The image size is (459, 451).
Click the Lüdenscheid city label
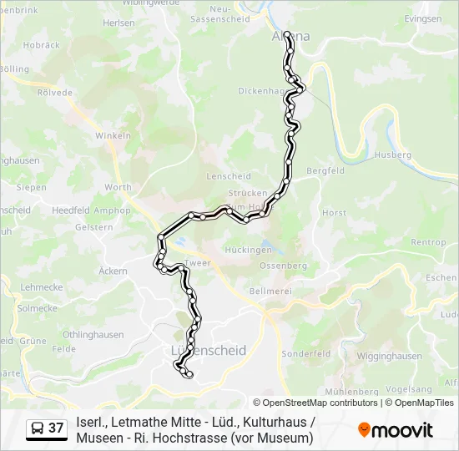point(208,351)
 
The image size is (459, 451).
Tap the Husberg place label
point(393,155)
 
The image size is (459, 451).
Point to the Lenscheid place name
point(228,177)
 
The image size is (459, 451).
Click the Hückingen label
point(249,250)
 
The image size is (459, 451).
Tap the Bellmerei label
point(270,291)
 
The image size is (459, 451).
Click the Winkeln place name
point(113,135)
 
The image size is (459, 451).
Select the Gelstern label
point(93,227)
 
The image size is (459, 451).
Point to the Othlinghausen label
point(93,335)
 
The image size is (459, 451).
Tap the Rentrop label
point(428,242)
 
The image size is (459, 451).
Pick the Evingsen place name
point(422,18)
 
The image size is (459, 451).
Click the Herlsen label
point(118,23)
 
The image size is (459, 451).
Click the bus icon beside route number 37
point(38,428)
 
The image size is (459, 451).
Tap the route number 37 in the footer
point(56,428)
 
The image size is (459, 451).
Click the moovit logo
point(396,430)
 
